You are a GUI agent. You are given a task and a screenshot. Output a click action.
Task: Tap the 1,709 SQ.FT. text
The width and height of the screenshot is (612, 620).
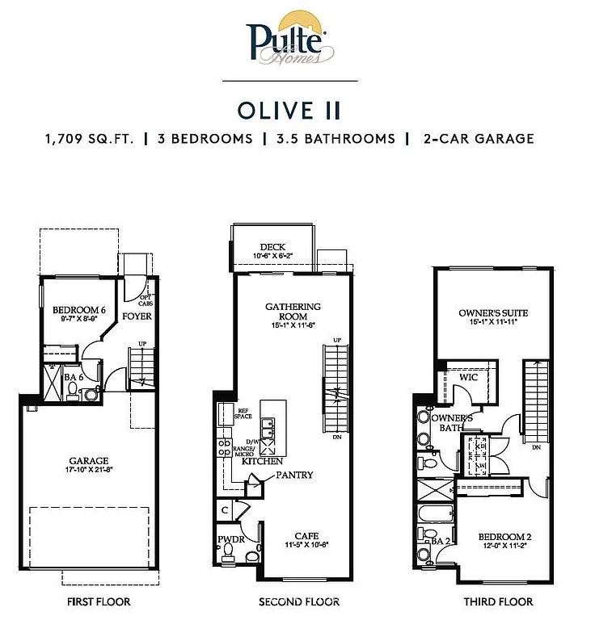(x=91, y=139)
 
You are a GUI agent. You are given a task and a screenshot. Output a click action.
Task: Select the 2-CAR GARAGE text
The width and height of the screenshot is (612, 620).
(x=478, y=139)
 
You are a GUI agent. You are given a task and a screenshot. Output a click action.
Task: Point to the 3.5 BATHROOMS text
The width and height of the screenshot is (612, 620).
(x=335, y=139)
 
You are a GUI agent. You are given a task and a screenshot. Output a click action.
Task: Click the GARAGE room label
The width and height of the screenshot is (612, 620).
(x=88, y=461)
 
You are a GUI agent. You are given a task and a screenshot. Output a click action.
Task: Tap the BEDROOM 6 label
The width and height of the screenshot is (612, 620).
(x=78, y=310)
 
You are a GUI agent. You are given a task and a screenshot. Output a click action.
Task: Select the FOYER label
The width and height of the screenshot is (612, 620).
(x=137, y=316)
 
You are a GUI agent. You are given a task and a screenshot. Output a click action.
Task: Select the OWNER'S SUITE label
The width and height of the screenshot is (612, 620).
(x=487, y=312)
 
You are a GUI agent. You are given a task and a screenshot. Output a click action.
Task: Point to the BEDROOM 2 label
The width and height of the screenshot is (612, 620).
(x=504, y=537)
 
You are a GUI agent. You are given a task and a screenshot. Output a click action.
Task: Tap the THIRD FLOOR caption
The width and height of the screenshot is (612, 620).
(x=498, y=601)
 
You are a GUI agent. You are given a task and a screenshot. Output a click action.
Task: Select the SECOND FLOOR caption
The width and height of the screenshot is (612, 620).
(x=298, y=601)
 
